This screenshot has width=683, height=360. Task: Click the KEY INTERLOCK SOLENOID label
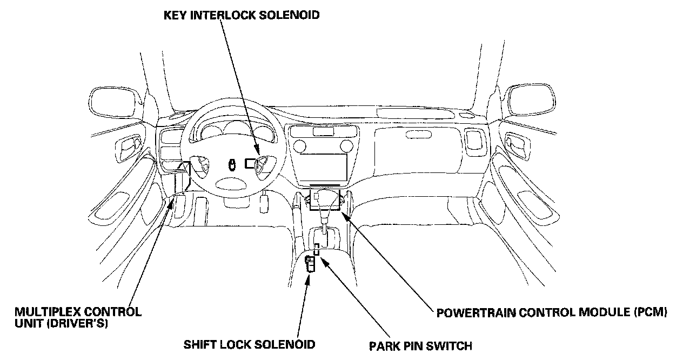pyautogui.click(x=242, y=15)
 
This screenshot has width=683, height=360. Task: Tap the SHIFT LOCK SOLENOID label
pyautogui.click(x=249, y=344)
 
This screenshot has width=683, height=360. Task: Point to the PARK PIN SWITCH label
pyautogui.click(x=420, y=345)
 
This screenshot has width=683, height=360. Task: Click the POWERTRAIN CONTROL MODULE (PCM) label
pyautogui.click(x=552, y=312)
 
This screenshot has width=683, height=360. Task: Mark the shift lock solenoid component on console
pyautogui.click(x=311, y=265)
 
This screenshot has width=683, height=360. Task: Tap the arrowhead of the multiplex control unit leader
pyautogui.click(x=172, y=201)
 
